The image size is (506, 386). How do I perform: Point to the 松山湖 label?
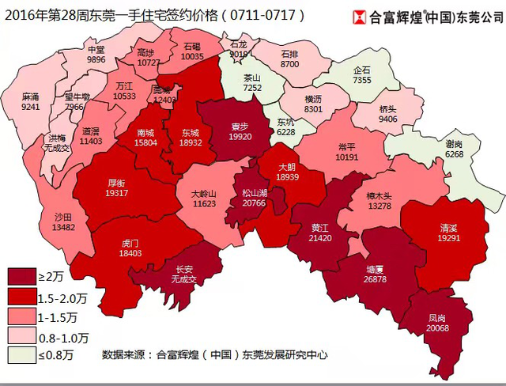(254, 193)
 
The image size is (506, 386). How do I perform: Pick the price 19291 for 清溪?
(448, 237)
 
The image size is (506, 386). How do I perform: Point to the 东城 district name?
(190, 133)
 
